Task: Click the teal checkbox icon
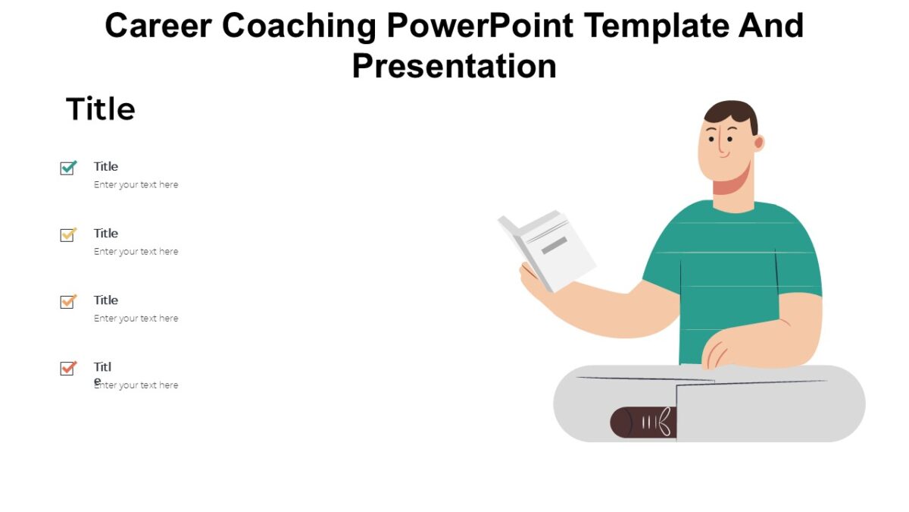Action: pyautogui.click(x=68, y=168)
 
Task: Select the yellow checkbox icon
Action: pyautogui.click(x=68, y=234)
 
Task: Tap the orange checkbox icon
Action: pyautogui.click(x=68, y=301)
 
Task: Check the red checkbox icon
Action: pyautogui.click(x=68, y=368)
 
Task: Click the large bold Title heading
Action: pyautogui.click(x=100, y=109)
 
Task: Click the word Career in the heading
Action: pyautogui.click(x=159, y=26)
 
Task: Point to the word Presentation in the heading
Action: pyautogui.click(x=454, y=66)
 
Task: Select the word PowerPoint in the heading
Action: pyautogui.click(x=480, y=26)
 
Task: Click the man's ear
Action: pyautogui.click(x=758, y=143)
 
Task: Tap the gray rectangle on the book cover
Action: pyautogui.click(x=554, y=245)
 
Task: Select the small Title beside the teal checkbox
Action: pyautogui.click(x=106, y=166)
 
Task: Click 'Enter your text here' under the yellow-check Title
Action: pyautogui.click(x=136, y=251)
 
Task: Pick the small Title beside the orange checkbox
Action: pyautogui.click(x=106, y=300)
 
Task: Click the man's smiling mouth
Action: pyautogui.click(x=723, y=155)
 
